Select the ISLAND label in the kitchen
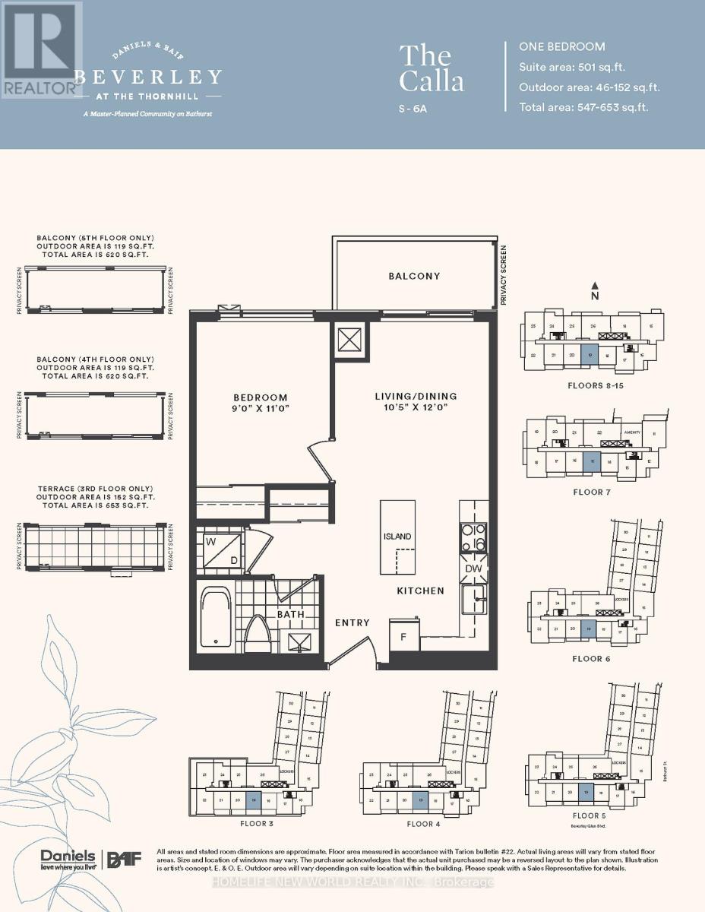coord(397,537)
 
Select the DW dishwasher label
coord(473,568)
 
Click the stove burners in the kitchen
coord(473,537)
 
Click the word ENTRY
coord(352,623)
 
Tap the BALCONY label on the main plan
coord(414,276)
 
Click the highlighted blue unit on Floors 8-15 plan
coord(589,353)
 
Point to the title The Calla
coord(431,68)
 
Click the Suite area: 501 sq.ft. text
coord(571,67)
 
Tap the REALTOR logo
coord(41,49)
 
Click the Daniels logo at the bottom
coord(68,858)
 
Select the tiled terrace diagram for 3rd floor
coord(95,546)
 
